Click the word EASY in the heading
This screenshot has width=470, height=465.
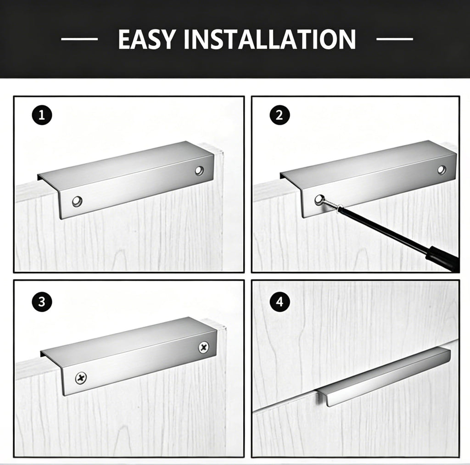146,39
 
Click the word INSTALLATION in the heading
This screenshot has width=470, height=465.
270,39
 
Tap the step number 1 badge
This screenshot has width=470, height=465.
42,115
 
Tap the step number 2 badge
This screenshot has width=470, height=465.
280,115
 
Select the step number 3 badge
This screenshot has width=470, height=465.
42,302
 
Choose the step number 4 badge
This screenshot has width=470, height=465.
280,302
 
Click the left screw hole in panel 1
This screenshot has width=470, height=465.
77,201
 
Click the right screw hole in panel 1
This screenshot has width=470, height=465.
199,170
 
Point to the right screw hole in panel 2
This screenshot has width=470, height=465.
442,170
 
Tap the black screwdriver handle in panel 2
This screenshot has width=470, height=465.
442,258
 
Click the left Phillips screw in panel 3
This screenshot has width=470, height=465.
81,378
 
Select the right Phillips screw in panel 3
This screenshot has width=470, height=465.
204,347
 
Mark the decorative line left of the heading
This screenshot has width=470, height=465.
79,39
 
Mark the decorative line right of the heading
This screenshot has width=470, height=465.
395,39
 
